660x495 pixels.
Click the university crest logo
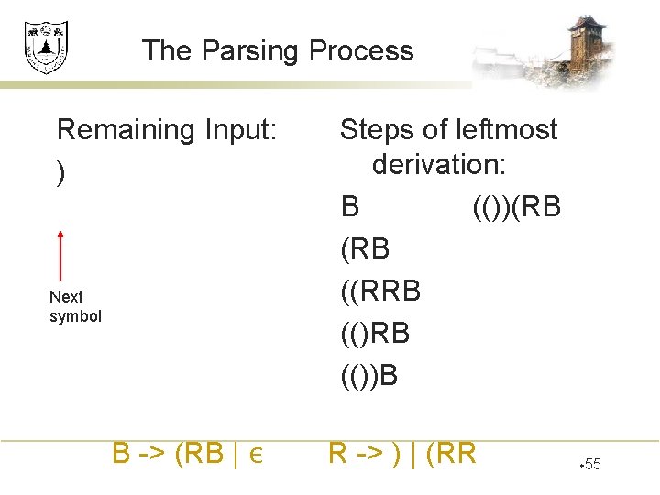pyautogui.click(x=45, y=48)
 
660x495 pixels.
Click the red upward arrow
pyautogui.click(x=60, y=255)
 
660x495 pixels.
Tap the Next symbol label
pyautogui.click(x=75, y=307)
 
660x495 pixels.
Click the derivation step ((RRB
pyautogui.click(x=380, y=291)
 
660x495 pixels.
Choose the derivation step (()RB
pyautogui.click(x=375, y=333)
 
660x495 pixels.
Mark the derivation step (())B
pyautogui.click(x=369, y=375)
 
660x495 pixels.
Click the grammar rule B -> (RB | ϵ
pyautogui.click(x=188, y=453)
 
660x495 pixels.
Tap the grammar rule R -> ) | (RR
pyautogui.click(x=402, y=453)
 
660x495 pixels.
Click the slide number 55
pyautogui.click(x=591, y=465)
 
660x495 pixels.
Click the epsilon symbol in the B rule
pyautogui.click(x=256, y=455)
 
